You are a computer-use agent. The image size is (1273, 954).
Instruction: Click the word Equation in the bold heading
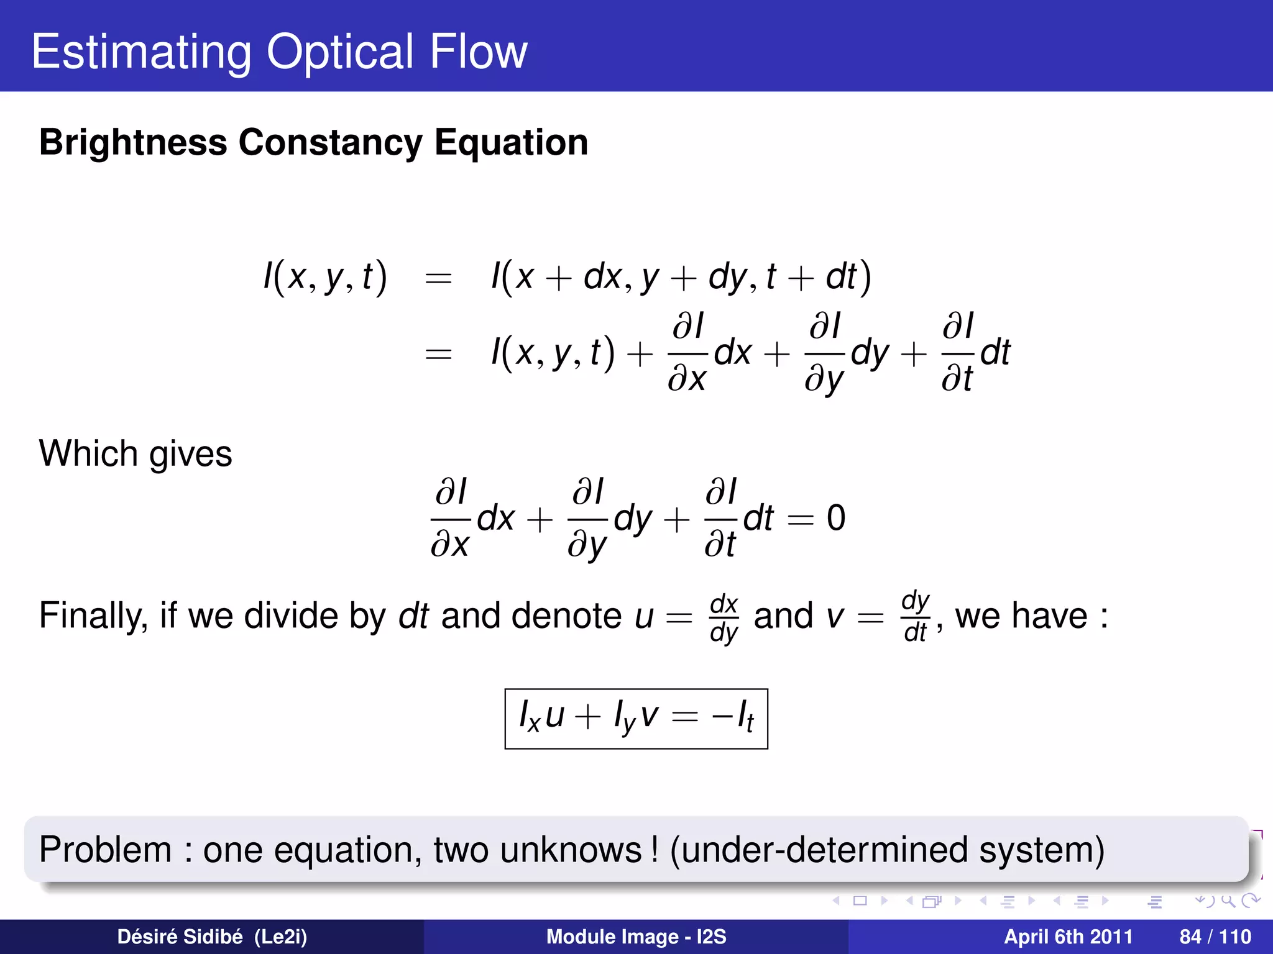(511, 143)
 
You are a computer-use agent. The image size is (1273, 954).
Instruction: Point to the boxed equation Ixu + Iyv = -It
(636, 719)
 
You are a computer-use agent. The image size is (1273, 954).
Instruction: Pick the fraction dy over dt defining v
(916, 616)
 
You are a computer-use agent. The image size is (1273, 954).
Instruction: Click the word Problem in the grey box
(105, 850)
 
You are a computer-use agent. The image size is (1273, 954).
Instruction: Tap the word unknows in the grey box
(571, 850)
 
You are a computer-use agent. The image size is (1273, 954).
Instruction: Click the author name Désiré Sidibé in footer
(180, 937)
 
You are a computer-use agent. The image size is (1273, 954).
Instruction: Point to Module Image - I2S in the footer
(636, 937)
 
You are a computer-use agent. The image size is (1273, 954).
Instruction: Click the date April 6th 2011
(1068, 937)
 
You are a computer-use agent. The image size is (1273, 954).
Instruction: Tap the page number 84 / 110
(1215, 937)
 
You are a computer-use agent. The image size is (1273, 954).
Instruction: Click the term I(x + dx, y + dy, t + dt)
(681, 276)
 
